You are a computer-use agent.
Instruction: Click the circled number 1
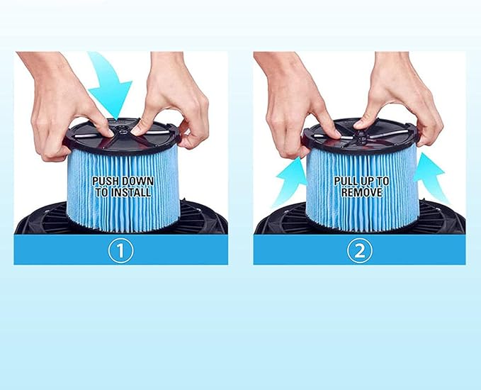(120, 250)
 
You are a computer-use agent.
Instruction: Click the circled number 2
(360, 250)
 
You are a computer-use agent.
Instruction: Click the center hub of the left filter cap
(120, 130)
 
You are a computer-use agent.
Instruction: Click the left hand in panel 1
(60, 106)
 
